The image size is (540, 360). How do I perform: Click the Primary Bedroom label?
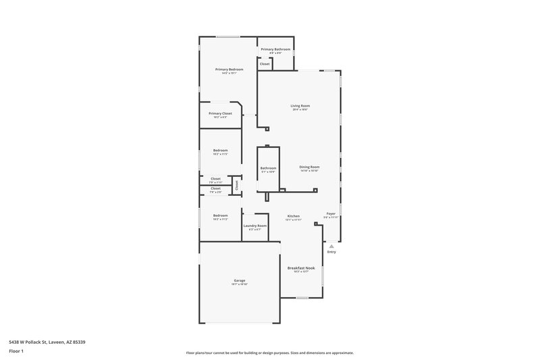point(229,70)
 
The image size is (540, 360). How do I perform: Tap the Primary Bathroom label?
point(275,49)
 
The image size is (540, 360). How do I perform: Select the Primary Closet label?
point(220,113)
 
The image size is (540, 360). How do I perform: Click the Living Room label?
point(300,105)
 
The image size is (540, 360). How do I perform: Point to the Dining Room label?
point(309,167)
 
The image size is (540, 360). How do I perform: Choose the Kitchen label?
point(293,216)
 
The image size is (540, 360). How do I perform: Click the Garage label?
point(240,280)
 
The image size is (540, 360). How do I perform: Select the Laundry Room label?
point(255,226)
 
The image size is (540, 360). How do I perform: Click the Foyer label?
point(331,213)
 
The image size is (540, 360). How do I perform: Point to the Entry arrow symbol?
point(331,247)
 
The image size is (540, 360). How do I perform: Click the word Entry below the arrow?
point(331,253)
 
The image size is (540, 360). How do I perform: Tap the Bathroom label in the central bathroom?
point(268,168)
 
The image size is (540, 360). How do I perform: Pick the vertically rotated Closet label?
point(237,184)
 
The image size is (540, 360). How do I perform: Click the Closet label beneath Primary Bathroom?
point(265,64)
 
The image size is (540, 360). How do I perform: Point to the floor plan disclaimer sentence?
point(269,353)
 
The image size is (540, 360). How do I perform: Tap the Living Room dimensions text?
point(300,109)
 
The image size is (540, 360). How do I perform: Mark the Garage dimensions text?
point(240,284)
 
